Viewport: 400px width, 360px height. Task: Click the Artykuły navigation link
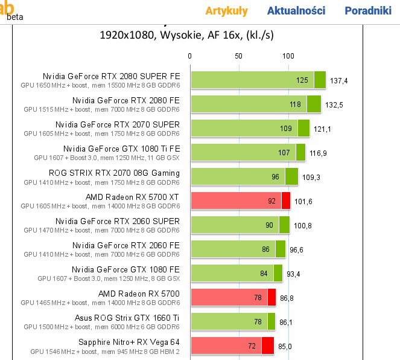point(227,10)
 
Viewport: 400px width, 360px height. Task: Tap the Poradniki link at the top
point(368,10)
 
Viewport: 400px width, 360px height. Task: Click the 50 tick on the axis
point(239,56)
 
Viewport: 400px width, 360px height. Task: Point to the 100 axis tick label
point(288,56)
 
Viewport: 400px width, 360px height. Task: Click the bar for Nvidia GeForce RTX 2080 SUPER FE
point(258,80)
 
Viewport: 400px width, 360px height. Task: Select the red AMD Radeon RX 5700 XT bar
point(240,201)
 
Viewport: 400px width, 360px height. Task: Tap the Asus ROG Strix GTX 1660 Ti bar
point(233,321)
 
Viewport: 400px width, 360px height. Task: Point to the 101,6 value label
point(303,201)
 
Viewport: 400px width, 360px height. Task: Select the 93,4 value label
point(293,274)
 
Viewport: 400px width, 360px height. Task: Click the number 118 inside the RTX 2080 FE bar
point(296,104)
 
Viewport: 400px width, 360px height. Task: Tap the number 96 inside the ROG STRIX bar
point(276,177)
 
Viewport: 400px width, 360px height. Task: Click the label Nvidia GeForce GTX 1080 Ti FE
point(121,149)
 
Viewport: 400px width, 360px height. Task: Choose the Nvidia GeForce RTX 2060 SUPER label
point(118,221)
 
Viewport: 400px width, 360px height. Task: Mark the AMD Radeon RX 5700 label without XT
point(139,294)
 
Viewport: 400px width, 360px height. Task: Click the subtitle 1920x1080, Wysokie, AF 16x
point(186,35)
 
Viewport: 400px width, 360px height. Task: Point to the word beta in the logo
point(16,16)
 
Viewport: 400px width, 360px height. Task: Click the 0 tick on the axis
point(190,56)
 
